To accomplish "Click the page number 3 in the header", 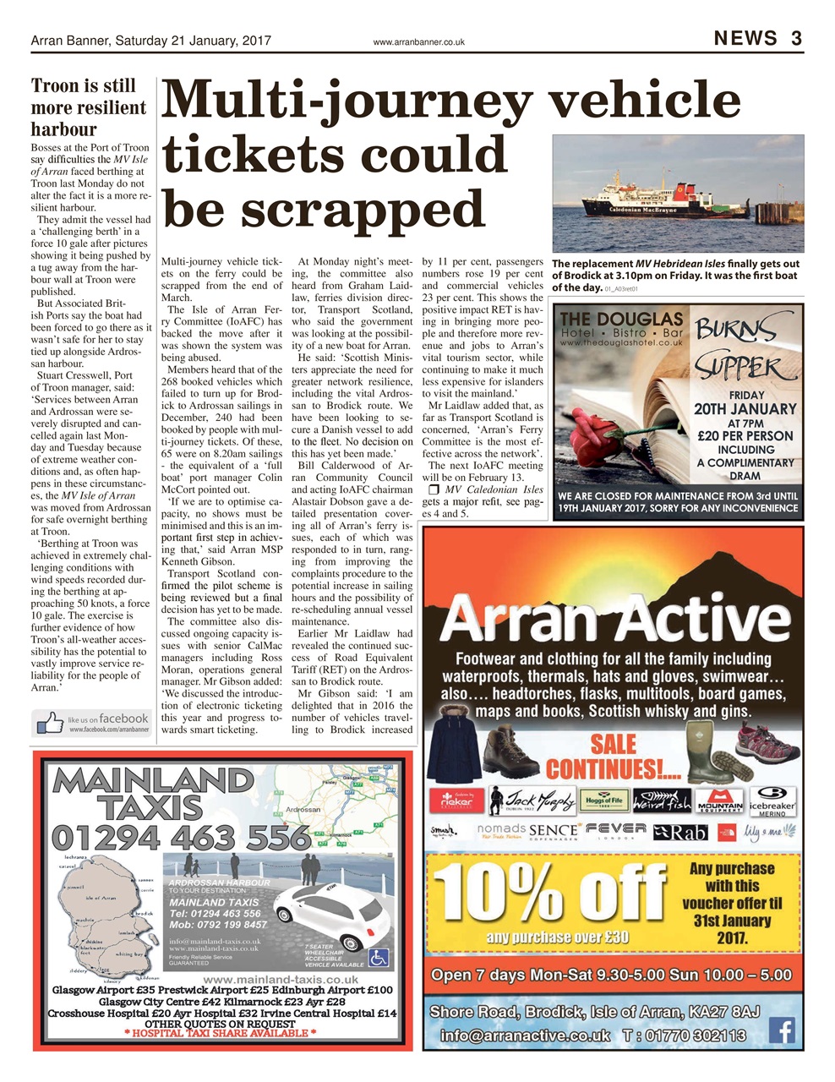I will tap(796, 38).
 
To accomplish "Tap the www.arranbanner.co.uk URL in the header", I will tap(418, 41).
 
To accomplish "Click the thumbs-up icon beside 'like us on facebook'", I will tap(50, 723).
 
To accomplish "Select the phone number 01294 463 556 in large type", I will tap(181, 837).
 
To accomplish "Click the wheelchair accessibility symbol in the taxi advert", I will tap(379, 957).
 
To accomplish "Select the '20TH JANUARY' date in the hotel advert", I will tap(745, 409).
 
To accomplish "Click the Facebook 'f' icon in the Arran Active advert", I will tap(783, 1030).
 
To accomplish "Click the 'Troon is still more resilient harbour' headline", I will tap(89, 107).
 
